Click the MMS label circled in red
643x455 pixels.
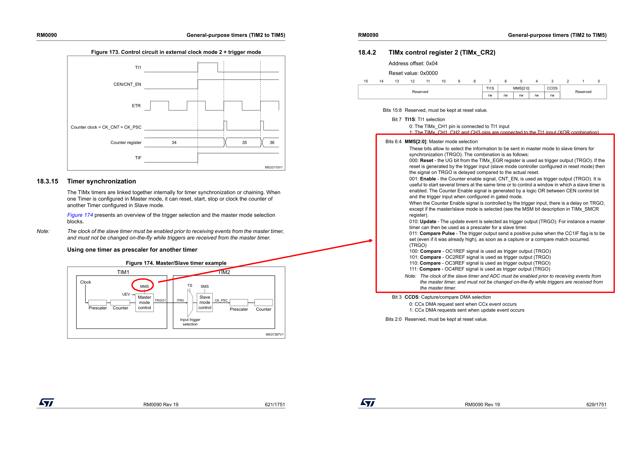pos(144,286)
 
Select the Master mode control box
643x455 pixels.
pos(144,302)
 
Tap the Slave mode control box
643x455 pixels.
pos(205,302)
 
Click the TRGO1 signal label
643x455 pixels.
pos(160,300)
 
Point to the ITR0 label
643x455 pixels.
pos(180,300)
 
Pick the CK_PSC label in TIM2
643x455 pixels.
pos(221,300)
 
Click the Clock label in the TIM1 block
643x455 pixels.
pos(85,282)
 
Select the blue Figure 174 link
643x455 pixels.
pos(80,215)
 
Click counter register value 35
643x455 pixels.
pos(244,142)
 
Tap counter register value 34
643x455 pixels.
pos(174,142)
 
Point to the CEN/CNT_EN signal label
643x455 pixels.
pos(127,84)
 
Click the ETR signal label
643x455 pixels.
pos(136,106)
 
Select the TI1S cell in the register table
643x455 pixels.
pos(490,88)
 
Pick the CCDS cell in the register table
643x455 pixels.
pos(552,88)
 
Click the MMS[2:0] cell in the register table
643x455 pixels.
pos(521,88)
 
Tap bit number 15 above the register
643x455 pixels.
pos(366,81)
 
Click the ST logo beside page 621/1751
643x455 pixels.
pos(46,402)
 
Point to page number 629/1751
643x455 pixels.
pos(596,404)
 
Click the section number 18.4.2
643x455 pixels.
pos(367,52)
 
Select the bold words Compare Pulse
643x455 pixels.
pos(437,233)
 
